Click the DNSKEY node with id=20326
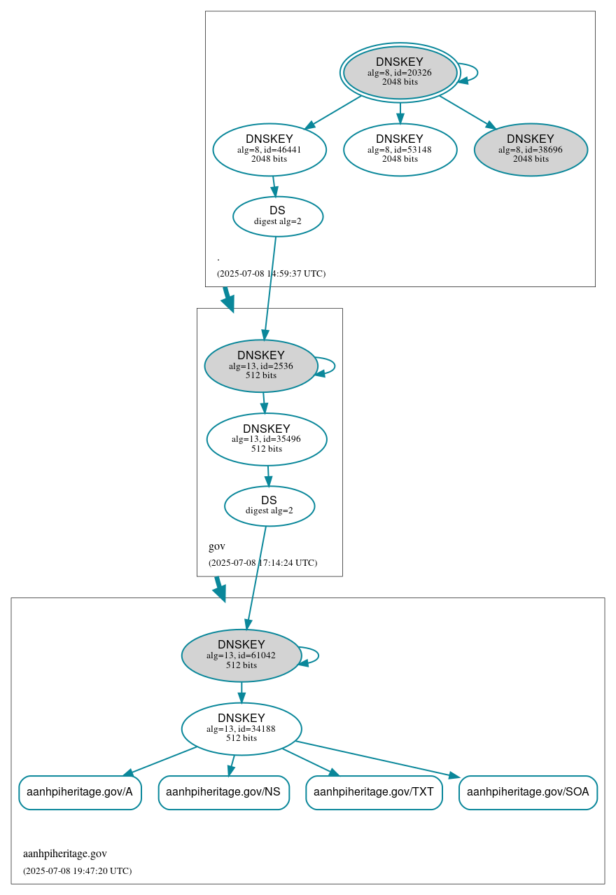[400, 73]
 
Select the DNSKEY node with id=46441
[269, 150]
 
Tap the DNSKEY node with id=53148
[400, 150]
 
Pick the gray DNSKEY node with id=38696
[531, 150]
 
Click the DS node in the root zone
[278, 216]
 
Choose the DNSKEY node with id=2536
[261, 366]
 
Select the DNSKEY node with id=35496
[267, 440]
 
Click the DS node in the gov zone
[269, 506]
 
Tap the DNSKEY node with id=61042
[241, 655]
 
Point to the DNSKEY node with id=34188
[241, 729]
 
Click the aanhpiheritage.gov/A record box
[80, 793]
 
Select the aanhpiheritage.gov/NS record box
[223, 793]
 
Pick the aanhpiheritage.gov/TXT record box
[374, 793]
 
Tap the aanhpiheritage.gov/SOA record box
[528, 793]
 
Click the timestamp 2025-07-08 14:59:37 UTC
[271, 274]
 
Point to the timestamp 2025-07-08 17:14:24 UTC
[262, 563]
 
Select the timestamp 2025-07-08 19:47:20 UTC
[77, 871]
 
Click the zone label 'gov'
[217, 547]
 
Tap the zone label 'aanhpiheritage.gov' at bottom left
[65, 854]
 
